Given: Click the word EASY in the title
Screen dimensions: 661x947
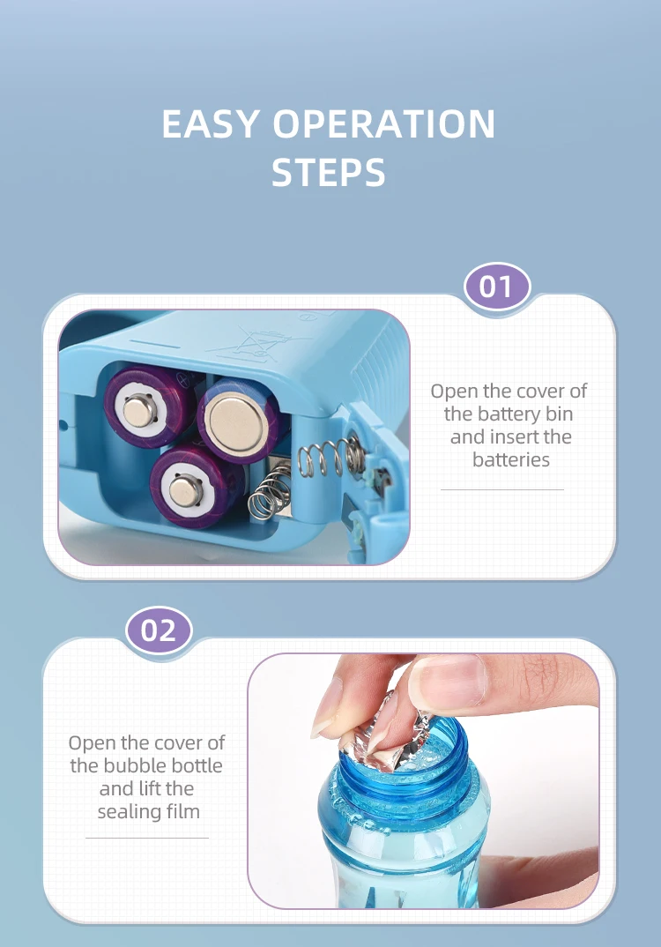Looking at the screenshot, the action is point(211,123).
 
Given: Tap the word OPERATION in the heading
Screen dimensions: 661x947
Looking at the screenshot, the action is point(384,123).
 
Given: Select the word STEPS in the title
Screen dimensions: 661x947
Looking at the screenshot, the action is point(329,172).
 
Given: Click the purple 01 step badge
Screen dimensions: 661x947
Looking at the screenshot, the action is point(497,287).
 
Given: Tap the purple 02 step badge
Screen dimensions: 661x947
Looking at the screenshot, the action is point(159,630).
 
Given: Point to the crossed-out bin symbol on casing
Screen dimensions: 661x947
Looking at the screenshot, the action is point(258,342).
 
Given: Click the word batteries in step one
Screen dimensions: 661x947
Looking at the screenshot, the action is point(510,459).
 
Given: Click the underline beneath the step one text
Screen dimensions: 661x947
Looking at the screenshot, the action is point(502,489).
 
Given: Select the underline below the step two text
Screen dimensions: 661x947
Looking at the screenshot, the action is point(147,838).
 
